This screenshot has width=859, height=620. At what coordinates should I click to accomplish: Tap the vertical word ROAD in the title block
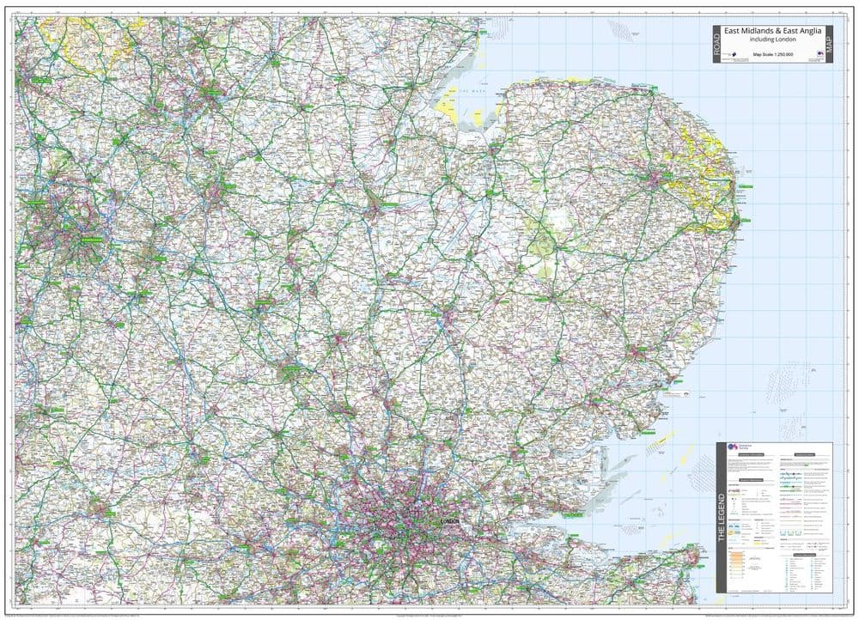tap(716, 45)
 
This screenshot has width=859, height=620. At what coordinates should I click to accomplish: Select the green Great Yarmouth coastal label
tap(743, 185)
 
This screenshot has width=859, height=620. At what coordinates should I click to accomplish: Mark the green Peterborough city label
tap(388, 206)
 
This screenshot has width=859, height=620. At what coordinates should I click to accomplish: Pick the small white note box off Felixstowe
tap(679, 394)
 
